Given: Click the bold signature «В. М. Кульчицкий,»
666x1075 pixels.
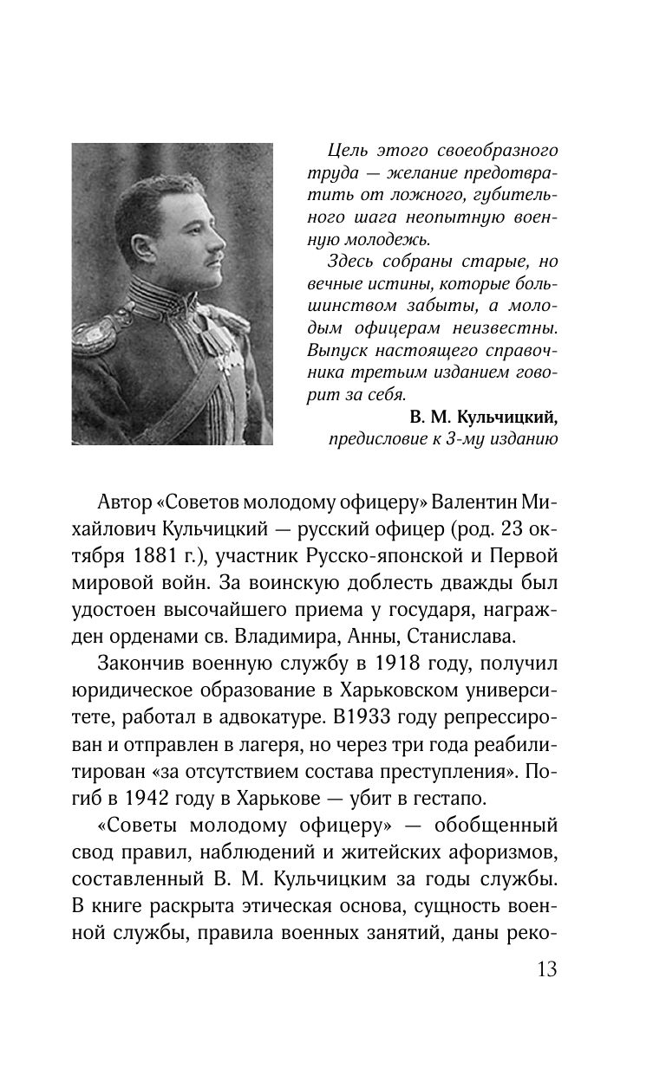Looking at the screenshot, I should [481, 417].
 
